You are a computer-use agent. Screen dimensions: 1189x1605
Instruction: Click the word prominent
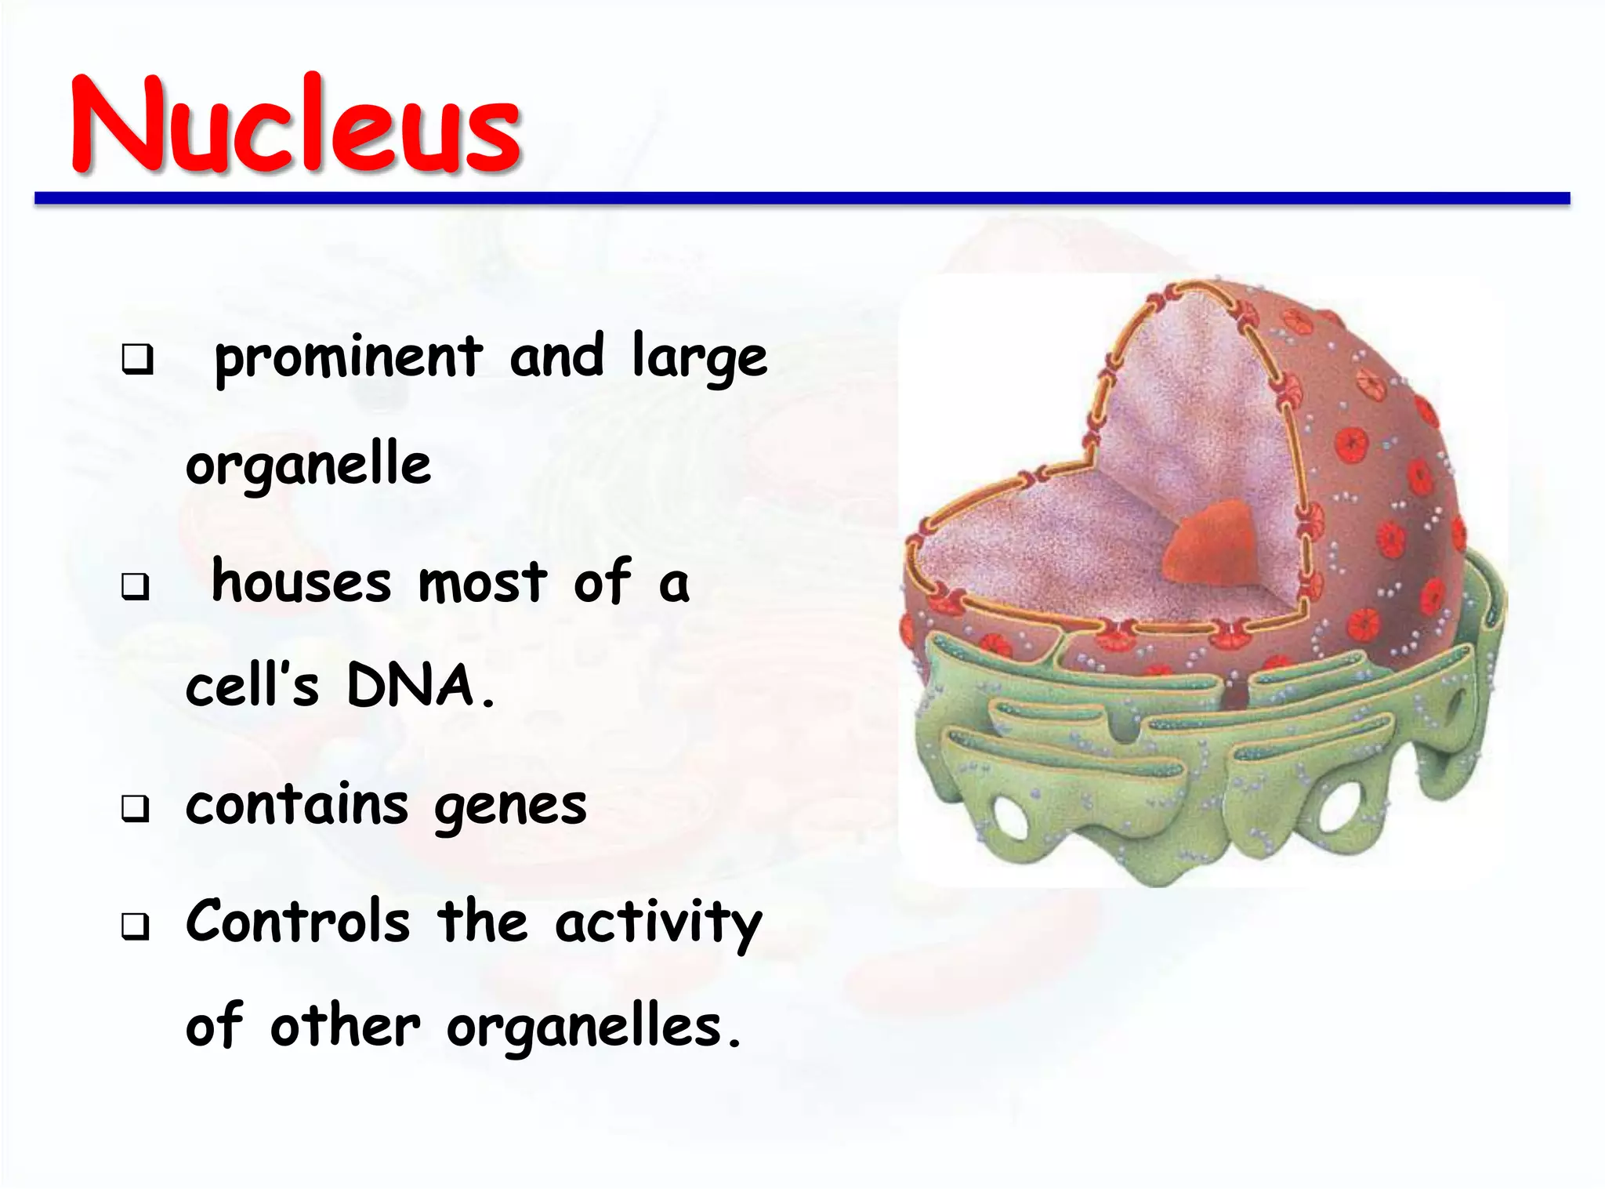(x=348, y=358)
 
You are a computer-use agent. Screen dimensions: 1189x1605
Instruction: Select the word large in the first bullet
(x=699, y=358)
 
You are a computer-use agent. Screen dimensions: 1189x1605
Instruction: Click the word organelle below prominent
(x=308, y=465)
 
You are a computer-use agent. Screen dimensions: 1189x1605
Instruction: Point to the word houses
(x=301, y=583)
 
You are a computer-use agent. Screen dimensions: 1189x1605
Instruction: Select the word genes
(x=510, y=807)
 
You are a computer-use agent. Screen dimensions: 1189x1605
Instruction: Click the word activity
(x=658, y=923)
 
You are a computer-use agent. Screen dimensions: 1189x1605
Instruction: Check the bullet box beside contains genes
(x=136, y=809)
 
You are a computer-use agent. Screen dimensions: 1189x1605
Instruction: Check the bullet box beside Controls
(x=136, y=926)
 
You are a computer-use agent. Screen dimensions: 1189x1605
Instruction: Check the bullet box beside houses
(x=136, y=585)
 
